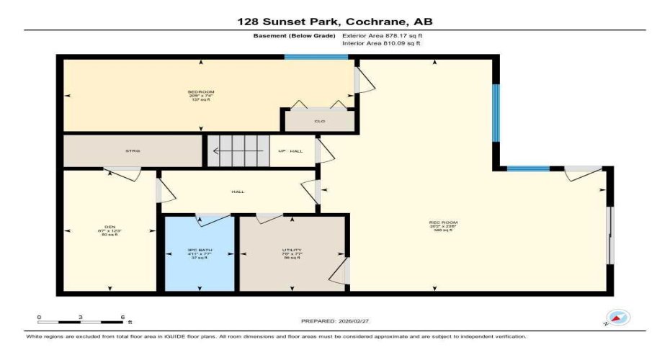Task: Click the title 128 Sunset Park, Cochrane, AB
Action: tap(335, 22)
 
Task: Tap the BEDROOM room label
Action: tap(201, 92)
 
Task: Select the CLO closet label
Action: tap(320, 121)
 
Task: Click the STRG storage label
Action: tap(132, 150)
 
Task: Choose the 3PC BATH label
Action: tap(199, 250)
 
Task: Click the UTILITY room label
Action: tap(292, 250)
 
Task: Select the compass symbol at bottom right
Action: tap(618, 318)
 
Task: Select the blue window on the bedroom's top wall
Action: tap(316, 57)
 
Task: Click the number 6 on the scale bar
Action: tap(122, 316)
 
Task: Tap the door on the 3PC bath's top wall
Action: tap(213, 215)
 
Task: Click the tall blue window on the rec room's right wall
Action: tap(495, 114)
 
